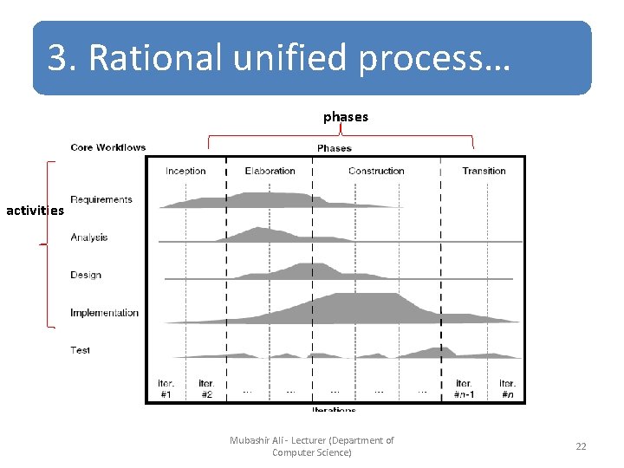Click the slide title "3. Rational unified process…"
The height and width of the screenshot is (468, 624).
click(x=280, y=59)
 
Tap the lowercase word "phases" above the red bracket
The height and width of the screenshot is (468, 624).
click(x=346, y=116)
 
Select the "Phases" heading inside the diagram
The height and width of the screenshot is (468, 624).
click(x=335, y=148)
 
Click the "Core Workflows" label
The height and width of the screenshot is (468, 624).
click(x=108, y=147)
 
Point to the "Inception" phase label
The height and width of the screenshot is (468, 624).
click(x=185, y=171)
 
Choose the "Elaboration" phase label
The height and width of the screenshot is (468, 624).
click(x=270, y=171)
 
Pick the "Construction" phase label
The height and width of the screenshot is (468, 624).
click(x=376, y=171)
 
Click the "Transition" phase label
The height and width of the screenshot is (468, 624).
click(x=484, y=171)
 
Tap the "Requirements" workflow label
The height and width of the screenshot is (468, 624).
click(x=101, y=200)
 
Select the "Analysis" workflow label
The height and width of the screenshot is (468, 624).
click(x=89, y=237)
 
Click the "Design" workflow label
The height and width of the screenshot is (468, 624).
click(x=86, y=275)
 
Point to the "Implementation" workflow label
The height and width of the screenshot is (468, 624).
click(x=104, y=313)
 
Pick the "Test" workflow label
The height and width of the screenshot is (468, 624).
click(x=81, y=350)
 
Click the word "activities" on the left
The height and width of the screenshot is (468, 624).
click(x=35, y=210)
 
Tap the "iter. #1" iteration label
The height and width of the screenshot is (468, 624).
click(x=166, y=388)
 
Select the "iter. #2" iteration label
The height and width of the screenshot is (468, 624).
click(x=206, y=388)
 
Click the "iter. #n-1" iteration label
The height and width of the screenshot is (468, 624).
click(x=465, y=388)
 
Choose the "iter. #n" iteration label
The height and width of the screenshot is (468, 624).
click(x=507, y=388)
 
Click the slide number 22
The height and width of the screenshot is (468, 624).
click(x=581, y=446)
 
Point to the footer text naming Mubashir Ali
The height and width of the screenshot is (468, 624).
click(x=312, y=446)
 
